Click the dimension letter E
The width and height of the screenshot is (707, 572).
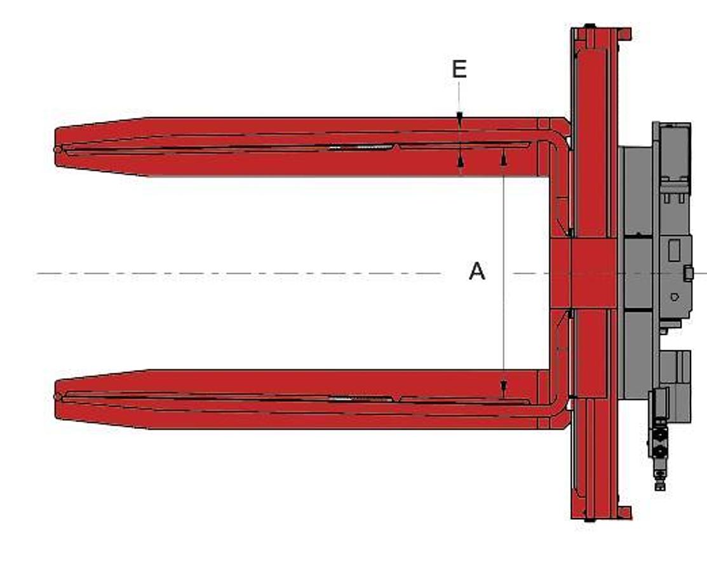pyautogui.click(x=459, y=69)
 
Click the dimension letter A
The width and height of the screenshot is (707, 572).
pyautogui.click(x=476, y=271)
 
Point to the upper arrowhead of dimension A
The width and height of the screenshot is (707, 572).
pyautogui.click(x=504, y=156)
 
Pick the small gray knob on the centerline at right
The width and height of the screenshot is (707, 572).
pyautogui.click(x=689, y=273)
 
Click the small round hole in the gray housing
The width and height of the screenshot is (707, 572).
pyautogui.click(x=674, y=297)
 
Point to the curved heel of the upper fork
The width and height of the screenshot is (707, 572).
pyautogui.click(x=560, y=143)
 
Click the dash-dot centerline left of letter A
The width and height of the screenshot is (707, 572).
pyautogui.click(x=241, y=274)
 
